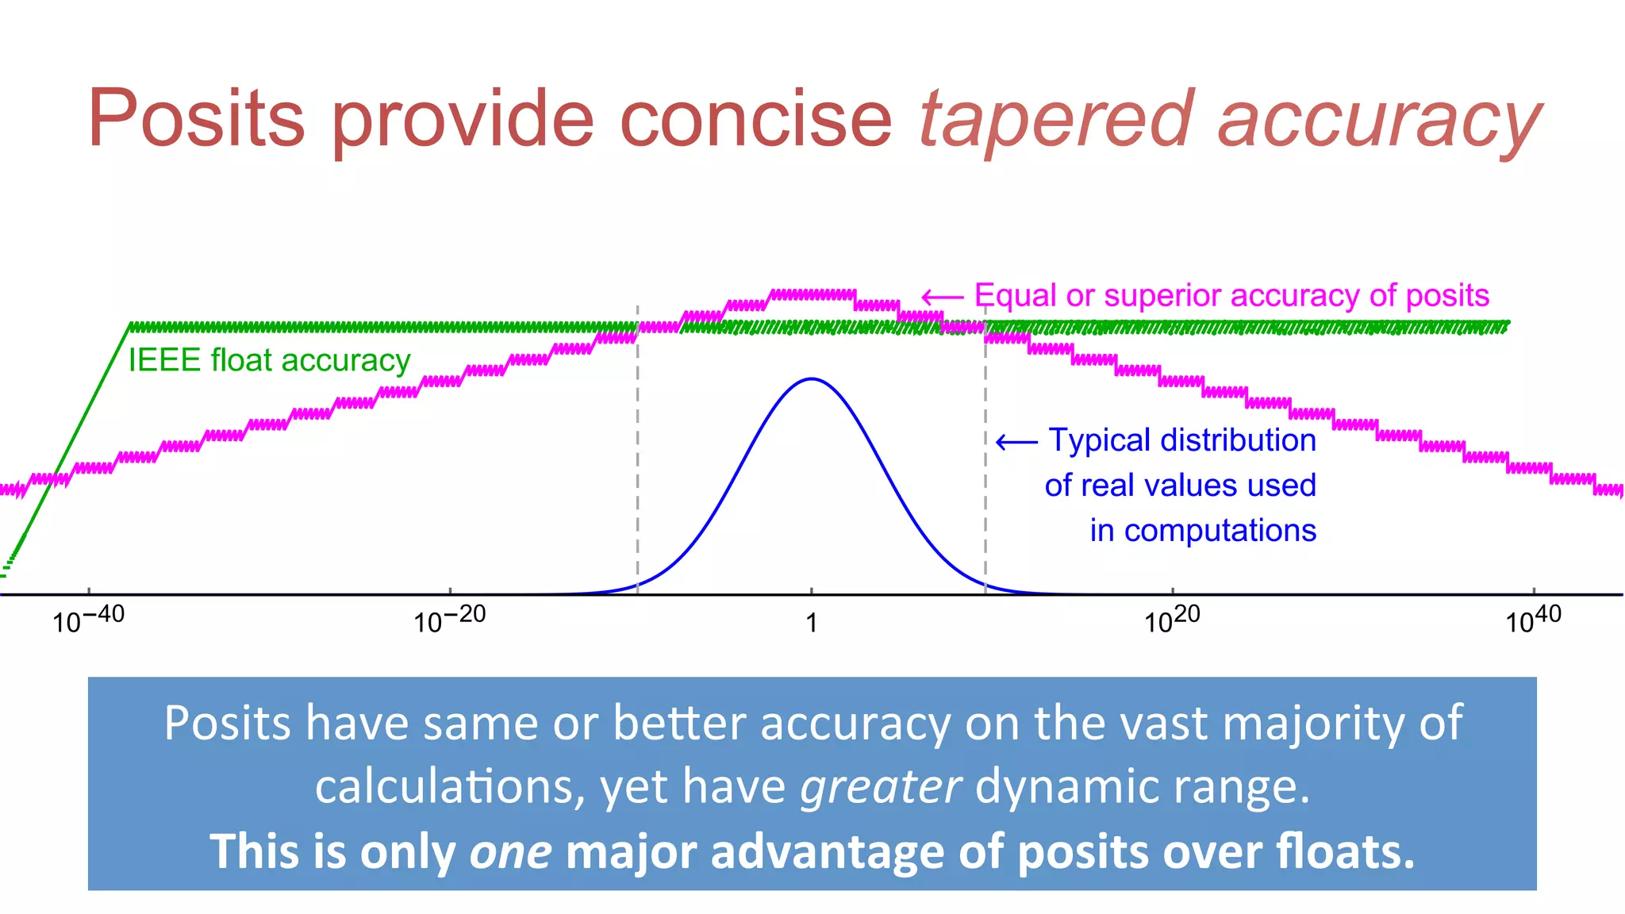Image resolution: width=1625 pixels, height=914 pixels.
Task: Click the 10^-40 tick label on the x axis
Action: pyautogui.click(x=88, y=620)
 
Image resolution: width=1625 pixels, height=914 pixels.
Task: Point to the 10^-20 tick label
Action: pyautogui.click(x=449, y=620)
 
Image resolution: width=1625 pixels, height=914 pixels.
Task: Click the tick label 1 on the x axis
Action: pyautogui.click(x=811, y=623)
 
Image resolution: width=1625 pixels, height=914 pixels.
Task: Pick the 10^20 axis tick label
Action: pyautogui.click(x=1171, y=620)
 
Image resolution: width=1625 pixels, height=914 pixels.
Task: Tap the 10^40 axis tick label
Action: pyautogui.click(x=1533, y=620)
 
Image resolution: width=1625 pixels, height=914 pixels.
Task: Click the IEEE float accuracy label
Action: pyautogui.click(x=269, y=360)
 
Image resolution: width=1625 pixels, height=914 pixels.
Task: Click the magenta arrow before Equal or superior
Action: pyautogui.click(x=943, y=297)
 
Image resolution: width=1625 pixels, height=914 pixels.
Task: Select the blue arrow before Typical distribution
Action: pyautogui.click(x=1016, y=441)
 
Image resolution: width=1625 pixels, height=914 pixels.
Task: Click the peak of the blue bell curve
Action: pyautogui.click(x=811, y=379)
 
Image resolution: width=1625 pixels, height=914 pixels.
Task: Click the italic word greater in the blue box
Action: pyautogui.click(x=881, y=786)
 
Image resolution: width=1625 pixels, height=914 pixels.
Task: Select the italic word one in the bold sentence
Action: pyautogui.click(x=510, y=851)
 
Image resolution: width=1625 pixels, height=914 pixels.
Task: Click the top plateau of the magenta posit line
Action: pyautogui.click(x=813, y=294)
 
